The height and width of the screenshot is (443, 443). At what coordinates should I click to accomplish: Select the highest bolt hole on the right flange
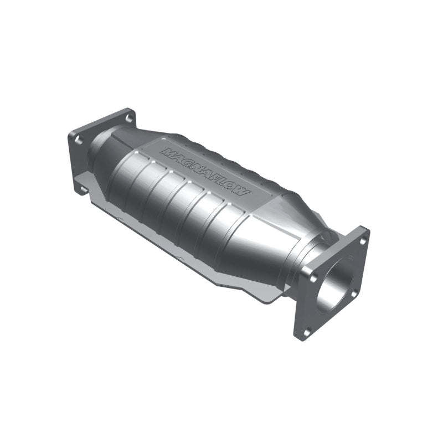(x=362, y=240)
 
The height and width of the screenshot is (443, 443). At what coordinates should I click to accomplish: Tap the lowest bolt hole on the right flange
(x=307, y=331)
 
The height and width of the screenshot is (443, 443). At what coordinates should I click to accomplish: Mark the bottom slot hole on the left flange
(x=83, y=190)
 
